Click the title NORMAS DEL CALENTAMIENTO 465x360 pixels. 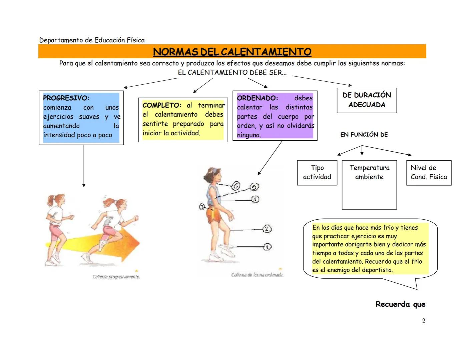232,52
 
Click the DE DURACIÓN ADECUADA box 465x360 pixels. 367,100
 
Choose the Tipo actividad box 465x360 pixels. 317,172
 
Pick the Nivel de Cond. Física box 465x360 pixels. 429,172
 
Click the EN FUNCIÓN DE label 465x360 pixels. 364,135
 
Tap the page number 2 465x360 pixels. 424,321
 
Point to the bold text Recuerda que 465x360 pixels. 400,304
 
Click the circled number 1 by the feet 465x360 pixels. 268,247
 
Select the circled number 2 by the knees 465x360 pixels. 267,229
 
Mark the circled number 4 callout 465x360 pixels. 255,199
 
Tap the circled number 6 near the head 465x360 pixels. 236,186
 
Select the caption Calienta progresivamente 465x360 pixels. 116,277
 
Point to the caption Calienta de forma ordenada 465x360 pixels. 257,275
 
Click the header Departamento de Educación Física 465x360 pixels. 92,40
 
